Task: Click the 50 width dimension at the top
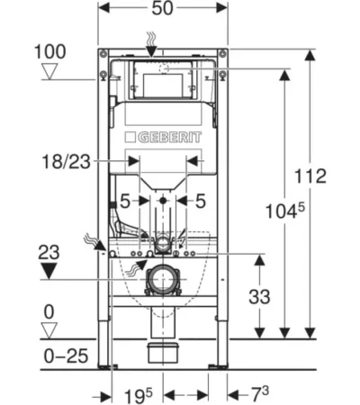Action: click(162, 8)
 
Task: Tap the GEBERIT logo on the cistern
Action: click(163, 138)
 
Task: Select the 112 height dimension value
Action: click(310, 176)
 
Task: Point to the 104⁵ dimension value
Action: click(285, 211)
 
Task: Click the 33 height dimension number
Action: click(259, 297)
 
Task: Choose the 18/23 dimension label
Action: click(67, 162)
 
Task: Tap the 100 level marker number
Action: click(50, 51)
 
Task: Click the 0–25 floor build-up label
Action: click(66, 356)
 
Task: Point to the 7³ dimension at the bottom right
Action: click(260, 394)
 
